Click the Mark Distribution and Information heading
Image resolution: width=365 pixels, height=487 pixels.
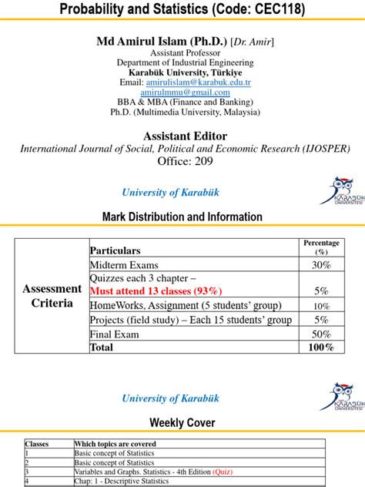coord(182,217)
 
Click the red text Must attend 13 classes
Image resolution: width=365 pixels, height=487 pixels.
coord(156,291)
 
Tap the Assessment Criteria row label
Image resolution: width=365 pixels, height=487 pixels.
coord(52,296)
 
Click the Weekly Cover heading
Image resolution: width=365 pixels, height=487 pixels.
coord(182,423)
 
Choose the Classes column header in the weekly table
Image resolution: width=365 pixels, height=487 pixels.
coord(37,444)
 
